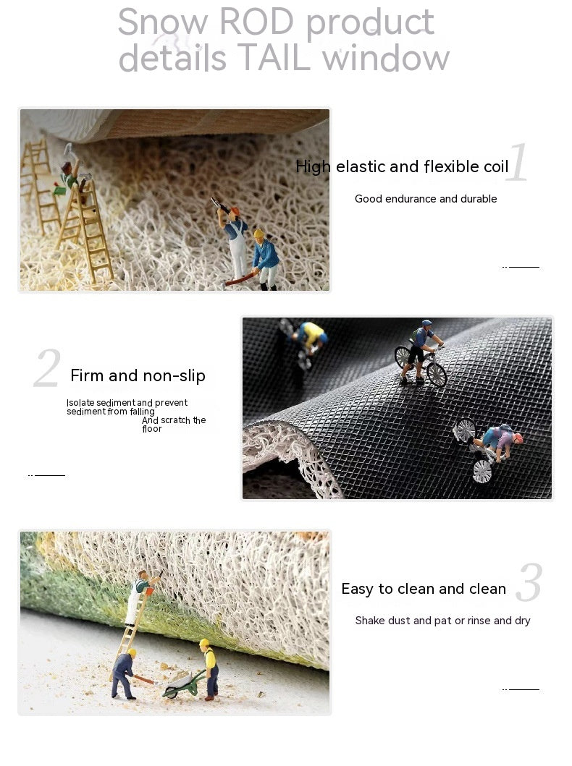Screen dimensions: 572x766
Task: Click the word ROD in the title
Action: point(256,22)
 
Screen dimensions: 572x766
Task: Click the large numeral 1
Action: point(517,162)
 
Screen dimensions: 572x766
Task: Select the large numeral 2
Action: point(47,367)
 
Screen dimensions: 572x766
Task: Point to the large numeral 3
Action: point(529,582)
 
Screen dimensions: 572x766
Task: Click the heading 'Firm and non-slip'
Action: point(138,375)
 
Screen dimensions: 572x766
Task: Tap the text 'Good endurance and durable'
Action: point(426,199)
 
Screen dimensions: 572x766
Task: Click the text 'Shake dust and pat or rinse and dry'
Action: point(442,621)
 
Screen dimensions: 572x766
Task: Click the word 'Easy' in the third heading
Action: point(358,590)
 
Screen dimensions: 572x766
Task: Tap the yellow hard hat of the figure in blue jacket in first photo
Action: point(258,234)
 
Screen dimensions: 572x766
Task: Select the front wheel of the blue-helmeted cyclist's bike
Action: point(437,375)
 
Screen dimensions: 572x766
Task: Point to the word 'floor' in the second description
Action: point(151,429)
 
